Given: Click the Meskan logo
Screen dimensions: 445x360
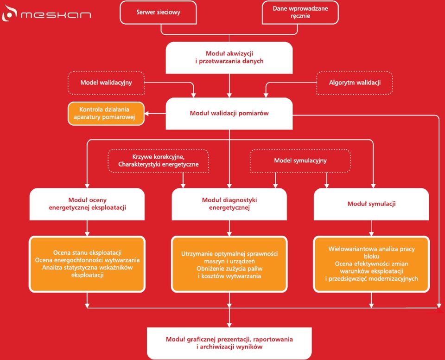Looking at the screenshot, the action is coord(46,13).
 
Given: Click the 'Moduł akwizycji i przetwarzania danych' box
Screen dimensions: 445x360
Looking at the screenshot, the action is coord(229,58).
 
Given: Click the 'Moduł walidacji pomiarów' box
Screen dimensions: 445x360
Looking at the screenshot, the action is coord(229,114).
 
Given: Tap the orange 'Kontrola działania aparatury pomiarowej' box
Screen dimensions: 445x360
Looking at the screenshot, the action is coord(106,114).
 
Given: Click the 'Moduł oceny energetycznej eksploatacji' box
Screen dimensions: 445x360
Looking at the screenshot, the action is coord(87,204).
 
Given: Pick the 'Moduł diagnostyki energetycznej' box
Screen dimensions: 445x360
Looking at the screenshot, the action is coord(229,204).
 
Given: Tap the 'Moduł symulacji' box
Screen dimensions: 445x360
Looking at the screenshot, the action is coord(371,204).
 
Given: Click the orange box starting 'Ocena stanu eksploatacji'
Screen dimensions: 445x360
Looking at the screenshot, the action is coord(87,264).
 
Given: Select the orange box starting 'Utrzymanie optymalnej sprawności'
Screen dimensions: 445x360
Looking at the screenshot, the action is coord(229,264).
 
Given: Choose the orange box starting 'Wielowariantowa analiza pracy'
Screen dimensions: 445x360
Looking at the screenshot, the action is coord(371,264).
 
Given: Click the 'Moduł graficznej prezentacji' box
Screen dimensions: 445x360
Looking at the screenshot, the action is coord(229,343).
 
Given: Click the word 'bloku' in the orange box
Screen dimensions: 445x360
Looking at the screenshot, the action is coord(371,256).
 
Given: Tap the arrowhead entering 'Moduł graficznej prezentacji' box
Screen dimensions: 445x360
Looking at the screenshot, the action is coord(229,325).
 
